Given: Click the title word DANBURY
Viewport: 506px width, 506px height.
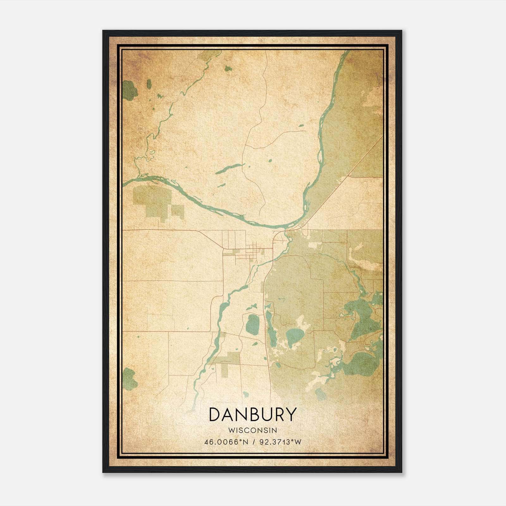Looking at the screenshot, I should click(x=253, y=415).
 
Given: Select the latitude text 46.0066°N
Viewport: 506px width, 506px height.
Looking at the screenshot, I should click(x=226, y=442).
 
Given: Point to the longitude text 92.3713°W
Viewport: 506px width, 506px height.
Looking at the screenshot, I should click(x=280, y=442).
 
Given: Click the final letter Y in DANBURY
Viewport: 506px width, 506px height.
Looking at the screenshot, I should click(x=291, y=415).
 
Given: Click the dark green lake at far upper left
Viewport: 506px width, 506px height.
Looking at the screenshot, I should click(x=129, y=90).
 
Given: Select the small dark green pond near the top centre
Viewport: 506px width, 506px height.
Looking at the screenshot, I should click(x=228, y=68).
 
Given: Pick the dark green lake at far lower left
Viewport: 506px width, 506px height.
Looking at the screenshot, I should click(x=129, y=379).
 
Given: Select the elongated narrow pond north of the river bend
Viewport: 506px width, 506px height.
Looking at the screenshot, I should click(x=230, y=169).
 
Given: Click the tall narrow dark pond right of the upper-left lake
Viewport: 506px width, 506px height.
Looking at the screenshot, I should click(x=149, y=84).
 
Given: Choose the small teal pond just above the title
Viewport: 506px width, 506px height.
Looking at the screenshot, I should click(x=245, y=394).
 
